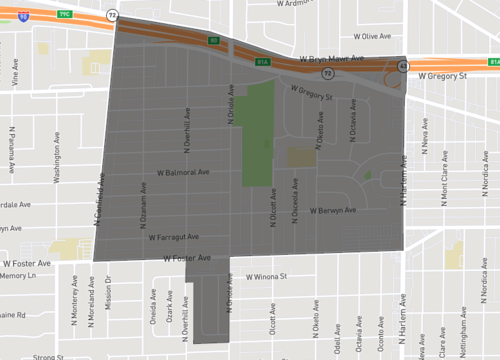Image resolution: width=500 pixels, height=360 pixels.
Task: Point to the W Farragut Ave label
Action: pyautogui.click(x=174, y=238)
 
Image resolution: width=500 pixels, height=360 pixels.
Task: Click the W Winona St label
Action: pyautogui.click(x=259, y=276)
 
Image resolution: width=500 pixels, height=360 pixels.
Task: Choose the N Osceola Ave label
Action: pyautogui.click(x=293, y=193)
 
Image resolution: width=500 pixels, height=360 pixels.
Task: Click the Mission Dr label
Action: pyautogui.click(x=108, y=291)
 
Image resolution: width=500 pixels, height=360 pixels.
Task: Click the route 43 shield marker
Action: pyautogui.click(x=402, y=66)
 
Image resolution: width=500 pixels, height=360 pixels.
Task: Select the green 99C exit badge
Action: pyautogui.click(x=65, y=12)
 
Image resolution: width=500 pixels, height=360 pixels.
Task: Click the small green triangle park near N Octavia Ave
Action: pyautogui.click(x=367, y=175)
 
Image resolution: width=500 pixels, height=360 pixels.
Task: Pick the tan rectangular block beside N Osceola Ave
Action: pyautogui.click(x=300, y=157)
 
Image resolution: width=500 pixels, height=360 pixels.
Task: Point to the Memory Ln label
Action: pyautogui.click(x=17, y=275)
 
